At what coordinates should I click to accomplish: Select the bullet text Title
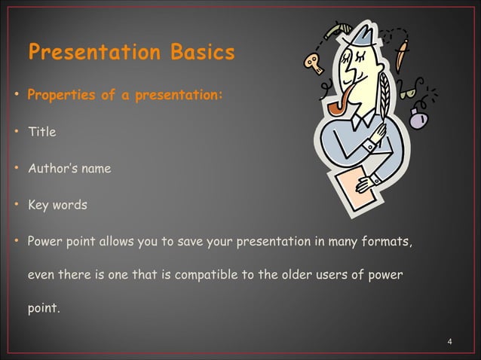[41, 133]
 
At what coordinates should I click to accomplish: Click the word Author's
[51, 169]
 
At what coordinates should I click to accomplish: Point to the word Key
[38, 205]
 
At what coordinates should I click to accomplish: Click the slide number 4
[449, 343]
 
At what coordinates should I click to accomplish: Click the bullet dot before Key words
[16, 205]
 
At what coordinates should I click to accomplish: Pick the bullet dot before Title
[16, 133]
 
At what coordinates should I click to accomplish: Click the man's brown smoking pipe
[340, 101]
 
